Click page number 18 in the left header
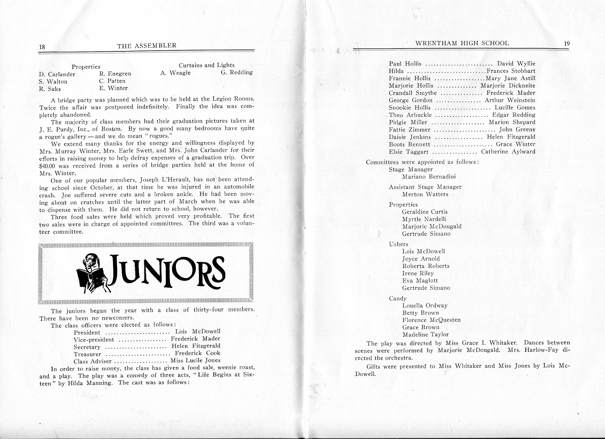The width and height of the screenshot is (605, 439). pos(42,47)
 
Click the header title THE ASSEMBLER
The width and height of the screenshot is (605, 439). pos(147,45)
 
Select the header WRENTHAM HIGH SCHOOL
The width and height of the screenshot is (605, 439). pos(462,43)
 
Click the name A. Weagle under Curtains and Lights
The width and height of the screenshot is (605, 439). pos(175,73)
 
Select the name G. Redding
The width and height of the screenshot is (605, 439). pos(237,72)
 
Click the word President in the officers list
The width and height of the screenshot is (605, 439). pos(87,332)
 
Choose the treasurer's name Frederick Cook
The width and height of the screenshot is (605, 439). pos(197,353)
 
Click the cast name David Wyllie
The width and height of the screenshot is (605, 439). pos(516,64)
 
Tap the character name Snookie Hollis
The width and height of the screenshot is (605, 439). pos(409,108)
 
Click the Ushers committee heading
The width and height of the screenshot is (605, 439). pos(399,244)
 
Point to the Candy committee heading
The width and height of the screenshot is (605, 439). pos(398,298)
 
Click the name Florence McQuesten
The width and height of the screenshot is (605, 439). pos(431,320)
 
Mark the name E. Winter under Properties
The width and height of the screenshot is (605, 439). pos(113,88)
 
